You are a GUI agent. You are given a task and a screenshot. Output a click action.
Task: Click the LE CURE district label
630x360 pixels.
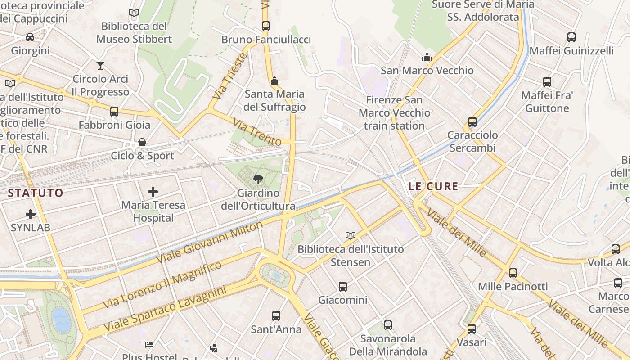433,186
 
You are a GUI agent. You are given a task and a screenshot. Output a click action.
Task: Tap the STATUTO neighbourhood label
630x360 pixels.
36,193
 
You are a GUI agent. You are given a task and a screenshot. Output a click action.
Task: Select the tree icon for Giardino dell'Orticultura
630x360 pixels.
258,180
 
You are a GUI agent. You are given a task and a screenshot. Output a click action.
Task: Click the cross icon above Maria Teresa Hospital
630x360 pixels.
153,192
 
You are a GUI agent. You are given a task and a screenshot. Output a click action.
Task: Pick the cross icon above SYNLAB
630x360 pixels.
31,214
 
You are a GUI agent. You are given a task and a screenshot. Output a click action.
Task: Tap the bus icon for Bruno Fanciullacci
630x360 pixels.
266,26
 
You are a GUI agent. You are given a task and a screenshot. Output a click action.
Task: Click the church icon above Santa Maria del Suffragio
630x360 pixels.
274,81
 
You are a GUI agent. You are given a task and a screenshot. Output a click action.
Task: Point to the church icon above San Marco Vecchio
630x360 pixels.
427,57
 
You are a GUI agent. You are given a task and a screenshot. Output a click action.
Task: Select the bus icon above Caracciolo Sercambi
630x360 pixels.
472,121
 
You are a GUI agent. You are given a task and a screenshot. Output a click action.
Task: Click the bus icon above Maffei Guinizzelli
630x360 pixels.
571,37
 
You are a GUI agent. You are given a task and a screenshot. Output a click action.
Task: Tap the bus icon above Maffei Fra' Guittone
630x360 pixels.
547,82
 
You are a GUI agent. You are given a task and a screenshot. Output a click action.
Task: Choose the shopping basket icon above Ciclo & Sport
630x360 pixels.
142,143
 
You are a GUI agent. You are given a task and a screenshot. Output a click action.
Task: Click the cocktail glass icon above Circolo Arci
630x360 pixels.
100,66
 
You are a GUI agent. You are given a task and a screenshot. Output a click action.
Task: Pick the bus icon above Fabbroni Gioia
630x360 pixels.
114,111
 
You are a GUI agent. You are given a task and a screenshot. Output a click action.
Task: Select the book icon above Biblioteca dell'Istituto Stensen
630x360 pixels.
350,235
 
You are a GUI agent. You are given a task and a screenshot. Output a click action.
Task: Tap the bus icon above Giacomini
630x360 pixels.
343,286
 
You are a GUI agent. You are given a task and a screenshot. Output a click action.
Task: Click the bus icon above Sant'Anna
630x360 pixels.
276,316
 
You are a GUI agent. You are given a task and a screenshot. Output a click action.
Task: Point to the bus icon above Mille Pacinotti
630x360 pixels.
513,273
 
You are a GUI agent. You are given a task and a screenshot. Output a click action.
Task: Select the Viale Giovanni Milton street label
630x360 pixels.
209,243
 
